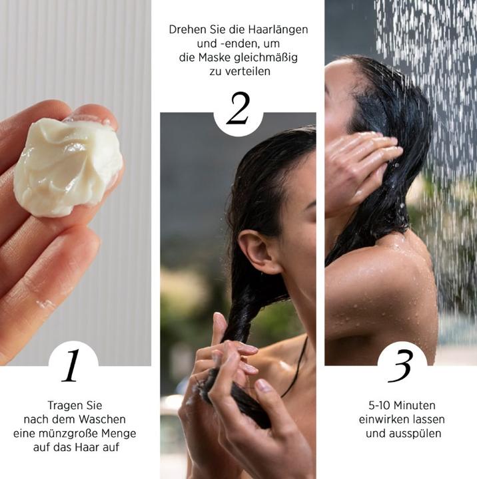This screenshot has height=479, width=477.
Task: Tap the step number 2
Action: pos(238,108)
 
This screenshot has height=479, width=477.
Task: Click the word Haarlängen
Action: pos(280,31)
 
